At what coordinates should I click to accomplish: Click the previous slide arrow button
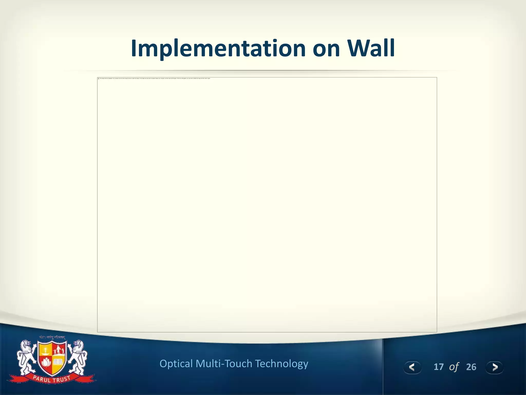pos(412,367)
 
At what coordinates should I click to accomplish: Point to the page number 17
pos(438,367)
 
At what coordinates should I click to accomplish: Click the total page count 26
pos(471,367)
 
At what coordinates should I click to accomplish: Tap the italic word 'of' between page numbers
pos(454,367)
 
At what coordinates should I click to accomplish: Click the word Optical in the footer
pos(176,364)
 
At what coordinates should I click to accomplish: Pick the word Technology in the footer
pos(281,364)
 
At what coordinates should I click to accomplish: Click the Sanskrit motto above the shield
pos(52,337)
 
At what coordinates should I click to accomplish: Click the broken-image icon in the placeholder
pos(99,78)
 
